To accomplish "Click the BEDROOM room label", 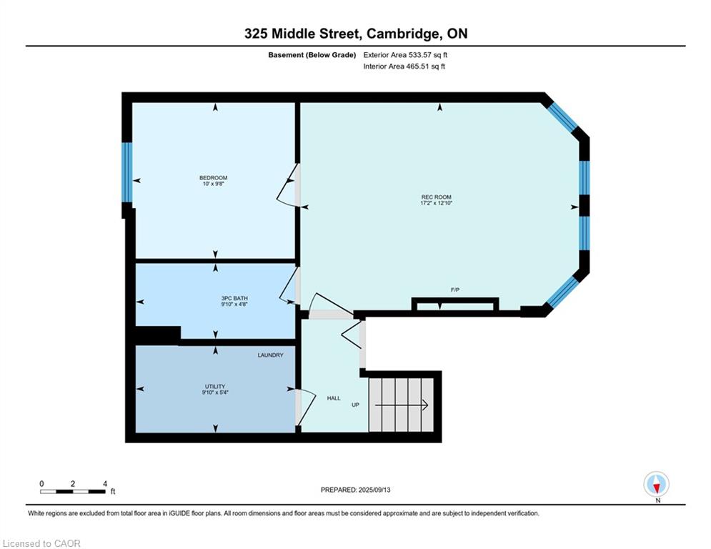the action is pyautogui.click(x=213, y=178).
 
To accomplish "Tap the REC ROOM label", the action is pyautogui.click(x=436, y=197).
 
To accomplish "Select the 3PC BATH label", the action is pyautogui.click(x=234, y=298).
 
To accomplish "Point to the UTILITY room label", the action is pyautogui.click(x=215, y=387).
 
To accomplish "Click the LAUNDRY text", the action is pyautogui.click(x=270, y=355).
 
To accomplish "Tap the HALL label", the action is pyautogui.click(x=334, y=398).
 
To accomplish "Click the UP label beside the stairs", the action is pyautogui.click(x=356, y=405).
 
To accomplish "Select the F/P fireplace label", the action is pyautogui.click(x=455, y=290).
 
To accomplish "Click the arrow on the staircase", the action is pyautogui.click(x=402, y=405).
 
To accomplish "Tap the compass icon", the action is pyautogui.click(x=656, y=484).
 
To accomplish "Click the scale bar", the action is pyautogui.click(x=73, y=491).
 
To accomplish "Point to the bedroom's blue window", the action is pyautogui.click(x=127, y=172).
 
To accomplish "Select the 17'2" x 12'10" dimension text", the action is pyautogui.click(x=436, y=203).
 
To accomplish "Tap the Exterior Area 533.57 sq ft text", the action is pyautogui.click(x=405, y=55).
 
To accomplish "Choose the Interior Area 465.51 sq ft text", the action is pyautogui.click(x=404, y=66).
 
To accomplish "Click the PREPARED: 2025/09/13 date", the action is pyautogui.click(x=356, y=490).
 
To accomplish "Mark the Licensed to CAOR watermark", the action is pyautogui.click(x=41, y=543).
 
